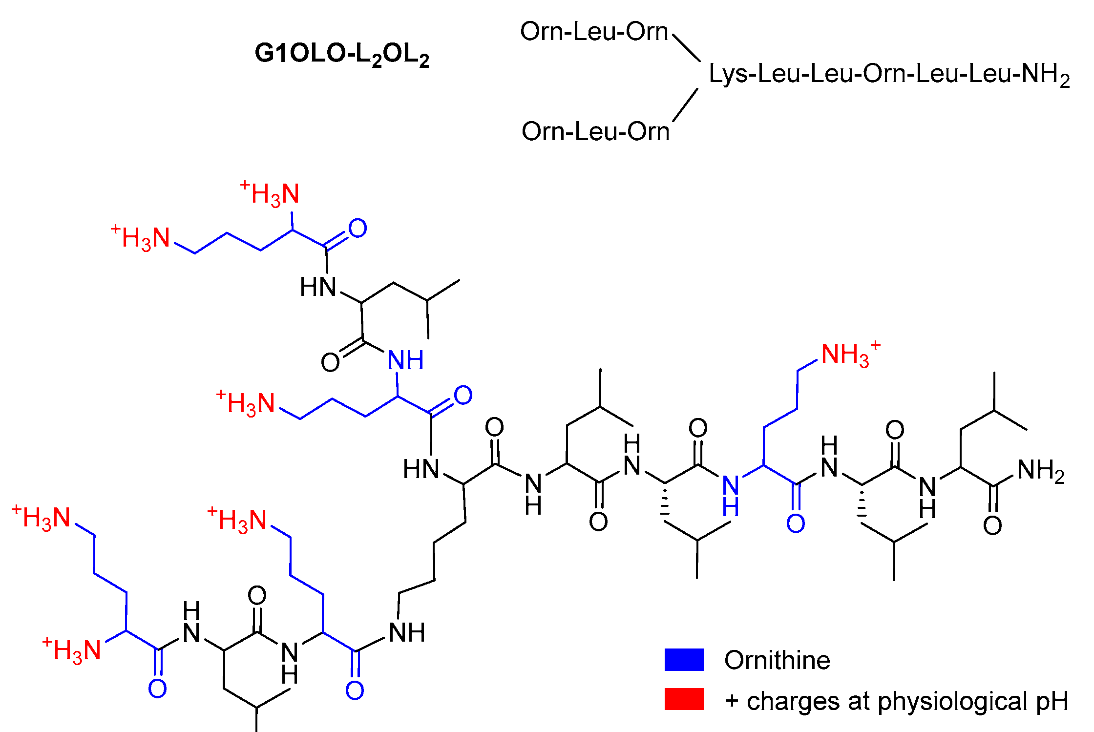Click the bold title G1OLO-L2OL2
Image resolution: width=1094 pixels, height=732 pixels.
click(x=341, y=54)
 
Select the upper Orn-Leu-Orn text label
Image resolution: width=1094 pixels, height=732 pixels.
click(x=594, y=32)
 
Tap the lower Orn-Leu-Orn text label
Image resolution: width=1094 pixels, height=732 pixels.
click(x=595, y=131)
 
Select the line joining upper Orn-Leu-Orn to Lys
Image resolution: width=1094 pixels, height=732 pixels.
click(x=686, y=48)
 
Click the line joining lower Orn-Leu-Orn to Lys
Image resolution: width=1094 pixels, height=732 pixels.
click(x=685, y=105)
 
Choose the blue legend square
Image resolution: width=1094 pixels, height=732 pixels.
click(x=684, y=660)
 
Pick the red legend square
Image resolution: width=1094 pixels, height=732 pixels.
click(x=684, y=699)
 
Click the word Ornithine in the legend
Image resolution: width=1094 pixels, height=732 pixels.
click(x=777, y=660)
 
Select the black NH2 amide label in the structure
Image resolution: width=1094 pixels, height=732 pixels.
click(x=1041, y=471)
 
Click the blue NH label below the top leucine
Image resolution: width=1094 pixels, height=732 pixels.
click(x=405, y=360)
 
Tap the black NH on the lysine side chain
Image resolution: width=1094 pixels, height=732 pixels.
click(x=407, y=632)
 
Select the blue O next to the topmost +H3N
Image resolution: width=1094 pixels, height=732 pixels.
click(x=358, y=228)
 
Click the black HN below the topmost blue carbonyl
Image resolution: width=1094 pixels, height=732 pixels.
click(x=318, y=287)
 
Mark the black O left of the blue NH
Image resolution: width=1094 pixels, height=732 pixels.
click(x=330, y=362)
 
